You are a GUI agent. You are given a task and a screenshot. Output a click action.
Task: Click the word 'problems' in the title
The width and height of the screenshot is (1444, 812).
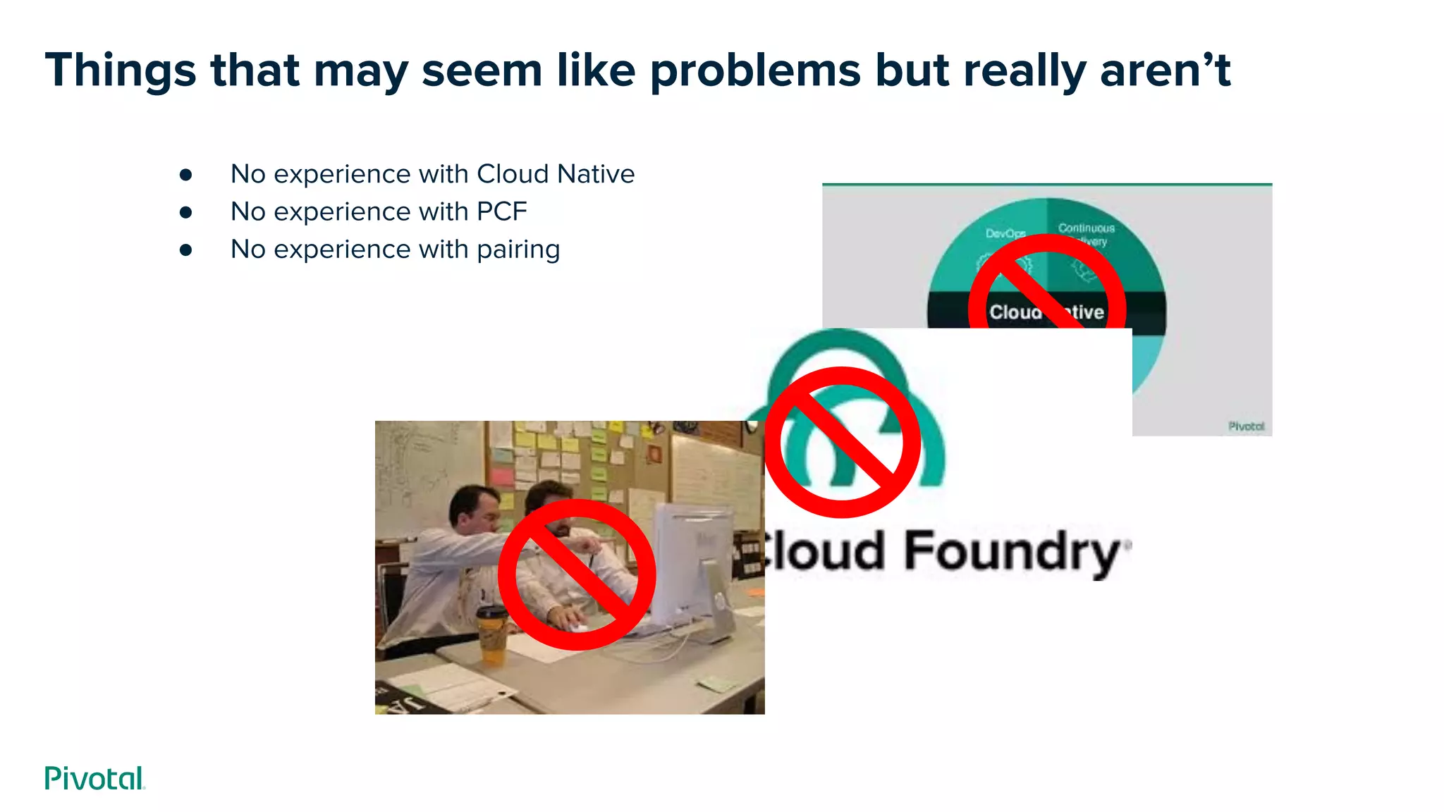click(755, 71)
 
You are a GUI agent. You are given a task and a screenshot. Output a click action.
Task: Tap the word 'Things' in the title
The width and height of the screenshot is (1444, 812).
click(121, 71)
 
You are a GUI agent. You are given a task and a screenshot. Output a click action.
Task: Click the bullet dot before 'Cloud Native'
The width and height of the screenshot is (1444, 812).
click(186, 174)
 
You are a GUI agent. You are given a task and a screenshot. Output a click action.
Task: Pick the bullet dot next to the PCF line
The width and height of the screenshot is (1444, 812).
click(186, 211)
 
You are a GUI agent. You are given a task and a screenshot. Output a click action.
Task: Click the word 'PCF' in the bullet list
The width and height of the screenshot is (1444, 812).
click(502, 211)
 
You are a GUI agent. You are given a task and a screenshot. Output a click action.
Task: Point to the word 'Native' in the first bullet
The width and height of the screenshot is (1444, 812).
click(596, 174)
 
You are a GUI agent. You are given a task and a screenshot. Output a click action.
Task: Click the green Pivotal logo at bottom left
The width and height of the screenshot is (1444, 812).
click(94, 778)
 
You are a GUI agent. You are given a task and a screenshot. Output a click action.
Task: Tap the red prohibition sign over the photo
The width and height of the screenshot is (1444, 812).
click(577, 574)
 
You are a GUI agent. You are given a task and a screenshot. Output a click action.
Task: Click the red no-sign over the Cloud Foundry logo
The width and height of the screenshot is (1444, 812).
click(843, 442)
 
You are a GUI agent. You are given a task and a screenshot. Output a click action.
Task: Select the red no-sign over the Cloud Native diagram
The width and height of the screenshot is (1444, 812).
click(1047, 289)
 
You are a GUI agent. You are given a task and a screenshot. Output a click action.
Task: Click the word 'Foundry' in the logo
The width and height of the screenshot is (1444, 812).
click(1012, 551)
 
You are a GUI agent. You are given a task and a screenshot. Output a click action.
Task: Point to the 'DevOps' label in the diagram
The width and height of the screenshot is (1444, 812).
click(1005, 233)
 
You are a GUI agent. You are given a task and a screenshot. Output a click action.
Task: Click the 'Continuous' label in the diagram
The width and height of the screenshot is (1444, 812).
click(1086, 228)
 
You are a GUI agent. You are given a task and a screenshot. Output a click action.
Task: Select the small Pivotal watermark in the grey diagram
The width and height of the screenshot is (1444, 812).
click(1246, 426)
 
